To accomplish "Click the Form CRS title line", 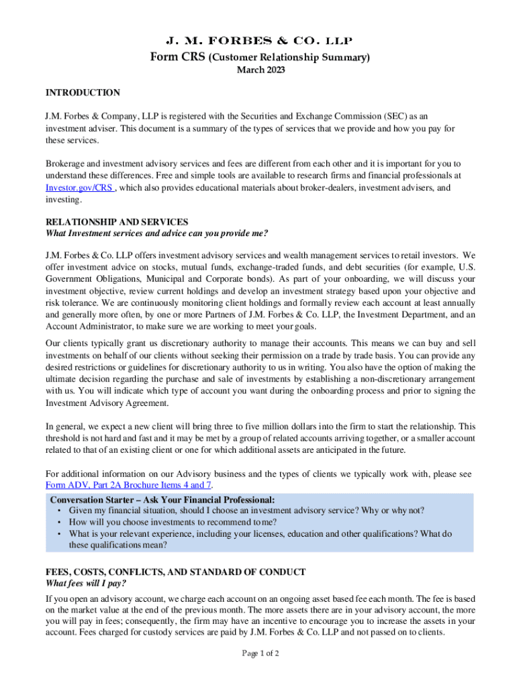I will [258, 57].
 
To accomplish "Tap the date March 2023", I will [258, 71].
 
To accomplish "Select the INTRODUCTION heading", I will [83, 93].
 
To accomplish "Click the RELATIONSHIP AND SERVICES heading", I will [117, 222].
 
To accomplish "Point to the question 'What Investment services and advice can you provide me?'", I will [156, 233].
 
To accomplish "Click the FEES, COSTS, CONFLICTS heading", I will [175, 572].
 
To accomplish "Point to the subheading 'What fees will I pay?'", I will [85, 584].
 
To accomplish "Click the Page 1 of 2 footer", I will [258, 653].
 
